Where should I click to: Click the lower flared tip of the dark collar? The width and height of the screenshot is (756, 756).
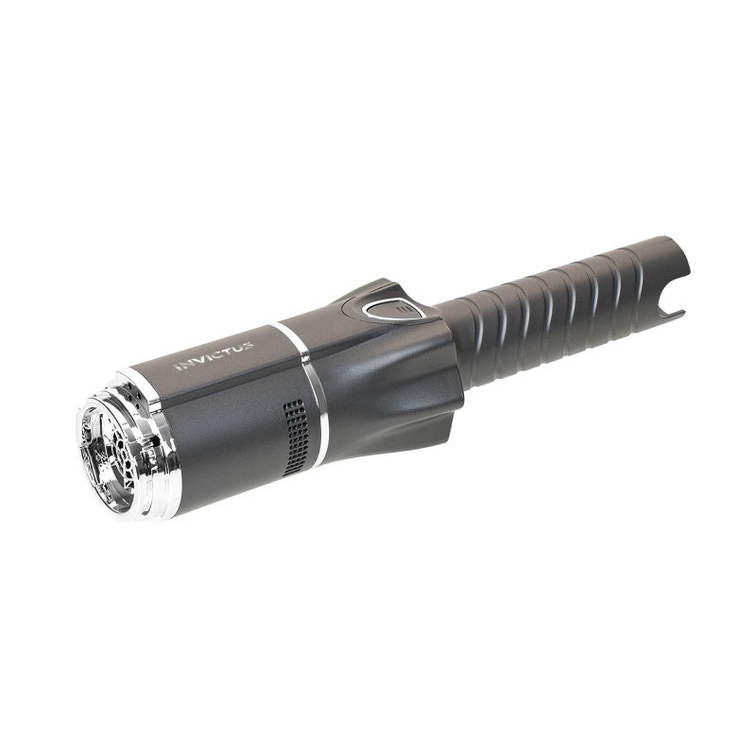444,445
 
